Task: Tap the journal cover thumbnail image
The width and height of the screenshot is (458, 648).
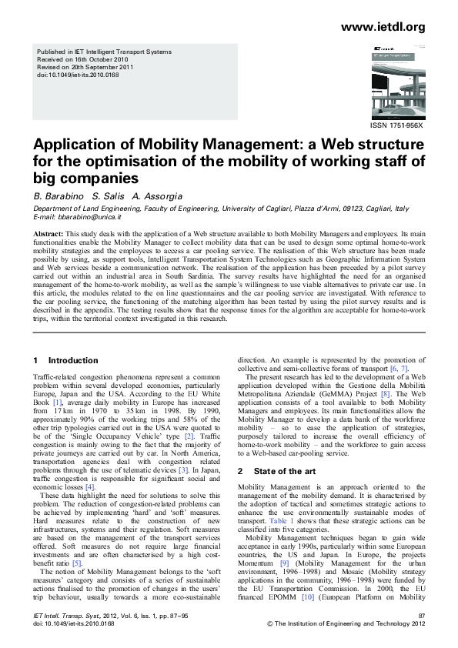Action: [x=397, y=82]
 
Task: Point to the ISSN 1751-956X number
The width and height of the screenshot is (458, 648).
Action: [x=397, y=125]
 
